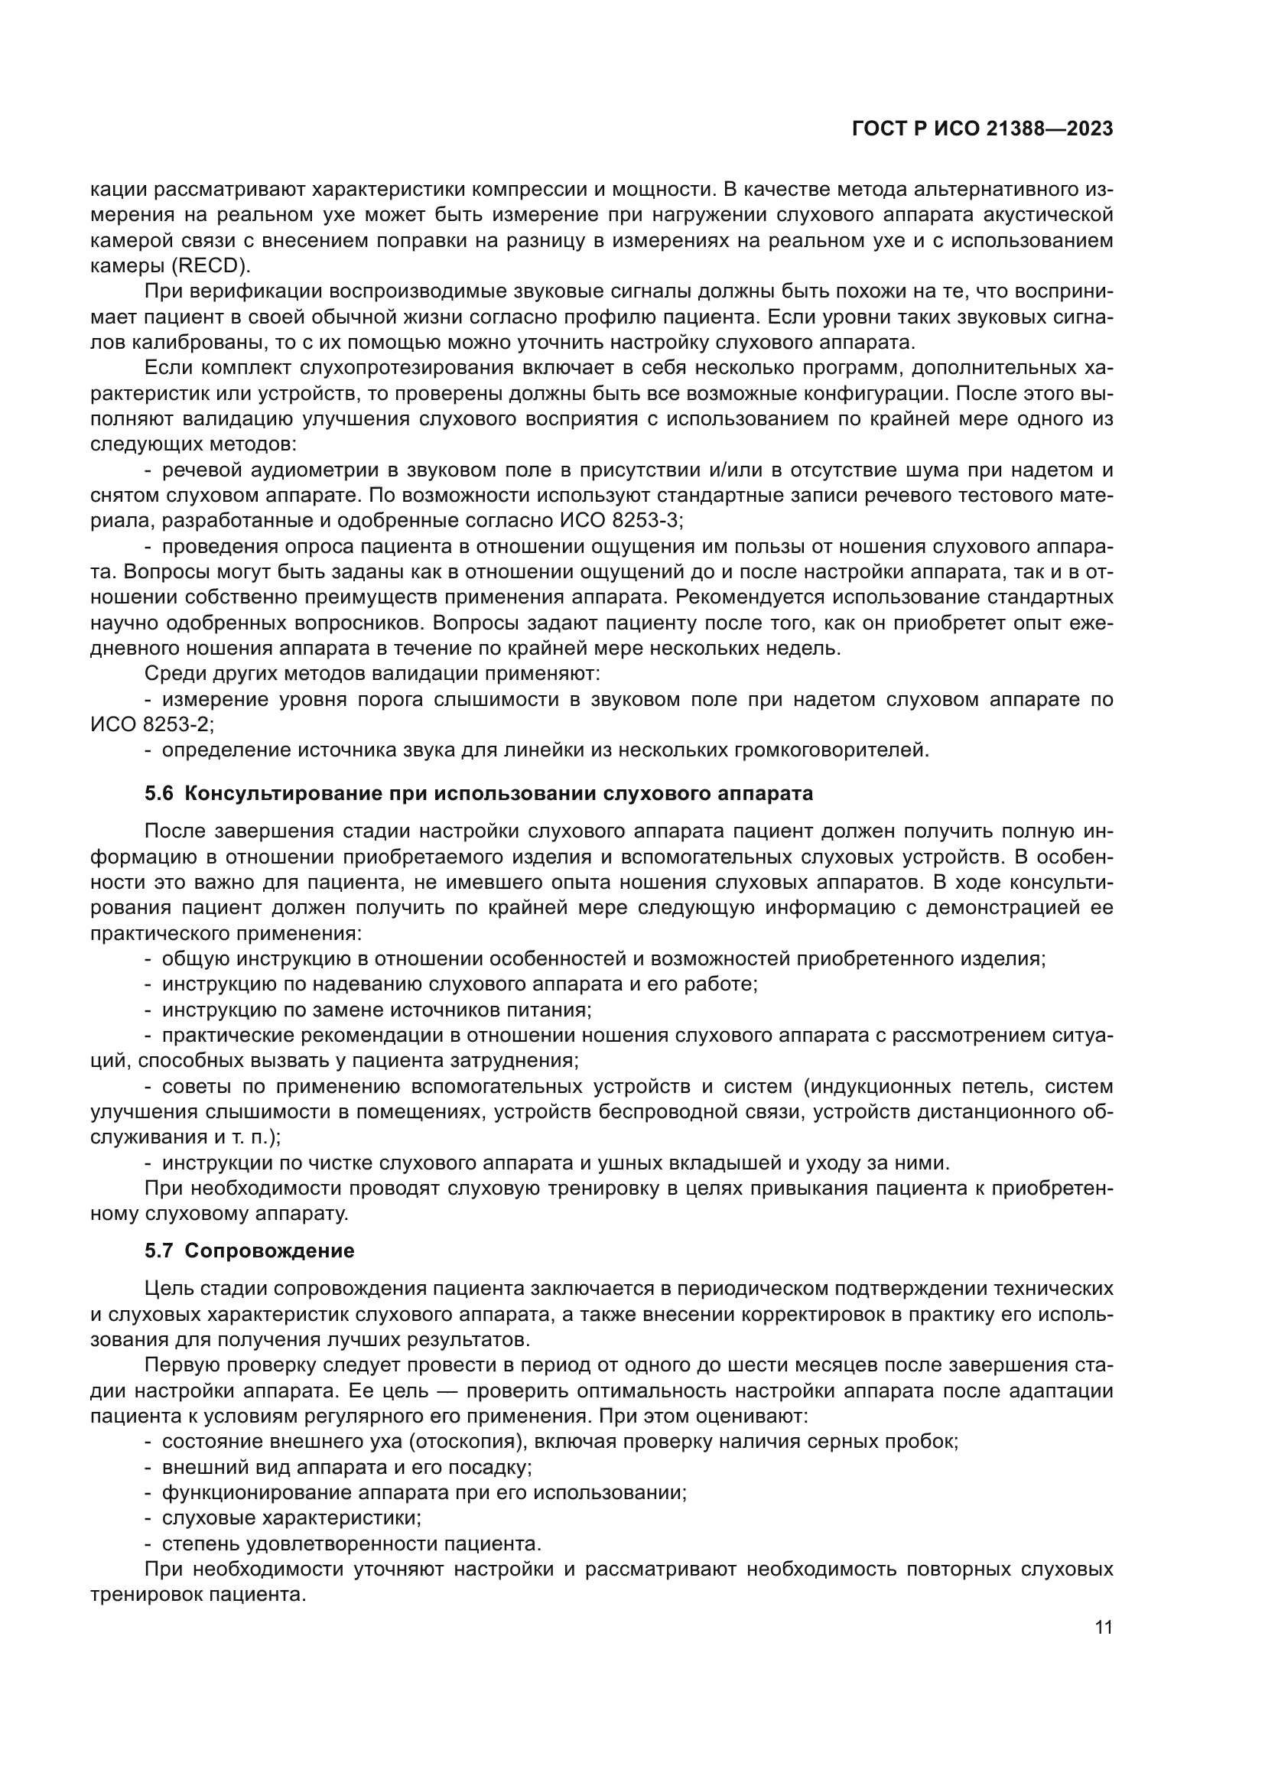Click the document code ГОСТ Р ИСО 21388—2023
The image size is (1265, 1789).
click(x=982, y=129)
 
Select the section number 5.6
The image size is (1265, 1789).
click(x=160, y=794)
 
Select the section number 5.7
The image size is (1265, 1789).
click(x=160, y=1251)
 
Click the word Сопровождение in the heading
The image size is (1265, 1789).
click(x=269, y=1251)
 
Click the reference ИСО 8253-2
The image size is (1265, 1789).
click(x=151, y=724)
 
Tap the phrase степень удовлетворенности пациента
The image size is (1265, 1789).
click(x=350, y=1543)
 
